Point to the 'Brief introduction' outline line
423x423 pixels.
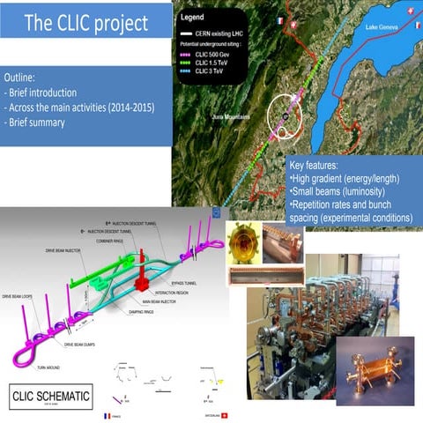coord(45,93)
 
